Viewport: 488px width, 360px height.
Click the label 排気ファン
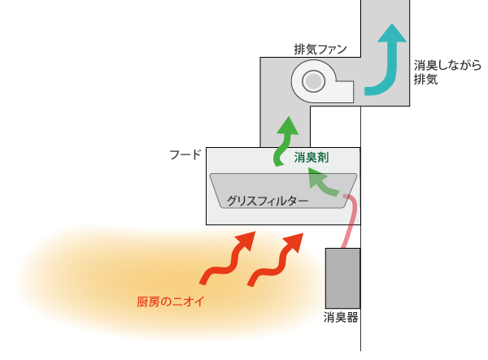coord(320,50)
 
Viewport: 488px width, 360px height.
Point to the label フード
coord(185,154)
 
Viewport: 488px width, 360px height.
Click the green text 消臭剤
coord(312,158)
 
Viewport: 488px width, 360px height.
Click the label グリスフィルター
coord(268,199)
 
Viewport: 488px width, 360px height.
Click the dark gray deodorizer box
coord(342,278)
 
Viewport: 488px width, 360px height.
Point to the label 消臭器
coord(341,318)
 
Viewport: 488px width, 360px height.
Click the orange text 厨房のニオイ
coord(170,302)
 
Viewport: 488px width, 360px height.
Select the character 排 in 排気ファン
coord(299,50)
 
